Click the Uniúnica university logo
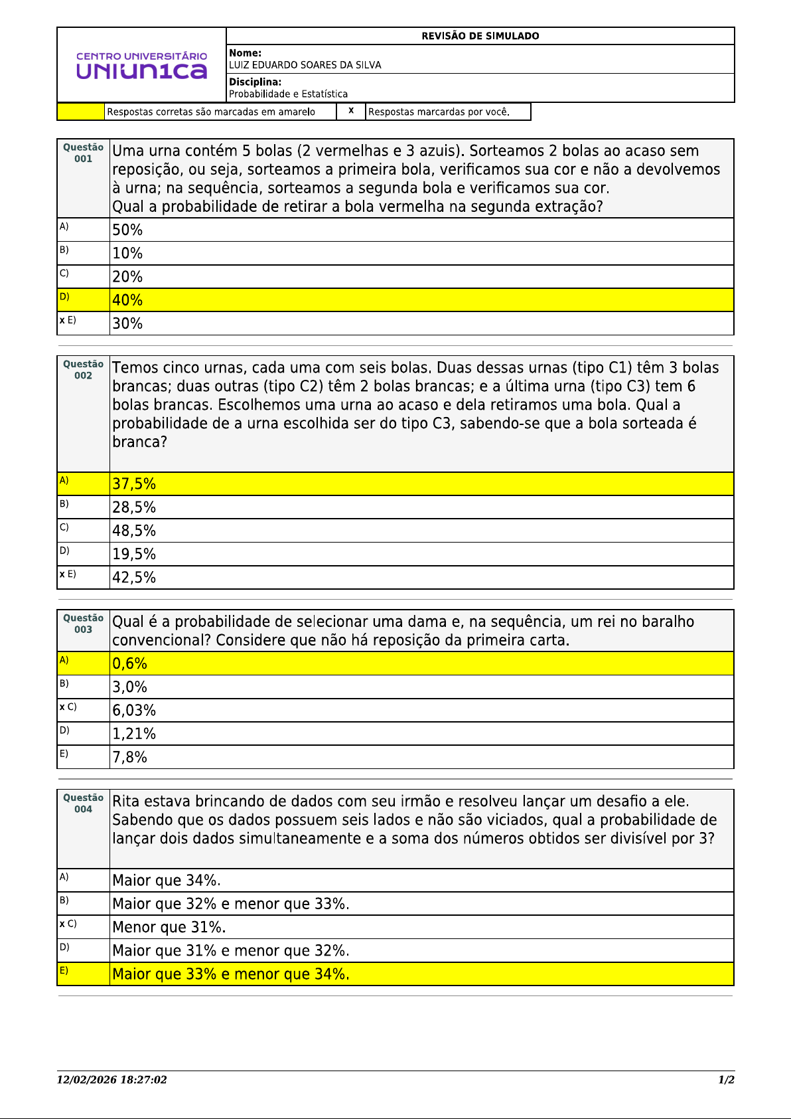coord(141,65)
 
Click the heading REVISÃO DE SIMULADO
coord(480,36)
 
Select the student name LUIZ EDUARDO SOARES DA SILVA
coord(305,65)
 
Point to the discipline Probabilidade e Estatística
coord(288,94)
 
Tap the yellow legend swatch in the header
coord(81,112)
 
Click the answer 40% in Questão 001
coord(127,300)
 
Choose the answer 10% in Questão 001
coord(127,253)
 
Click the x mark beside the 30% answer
coord(62,320)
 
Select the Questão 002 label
coord(83,369)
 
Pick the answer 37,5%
coord(134,484)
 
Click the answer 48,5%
coord(134,531)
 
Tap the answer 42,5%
coord(134,578)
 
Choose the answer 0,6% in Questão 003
coord(129,663)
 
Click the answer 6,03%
coord(134,711)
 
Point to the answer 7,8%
coord(129,757)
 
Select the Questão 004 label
coord(83,803)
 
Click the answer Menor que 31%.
coord(169,927)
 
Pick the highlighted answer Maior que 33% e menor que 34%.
coord(230,974)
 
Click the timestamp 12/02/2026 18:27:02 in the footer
coord(111,1080)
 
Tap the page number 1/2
coord(726,1080)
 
